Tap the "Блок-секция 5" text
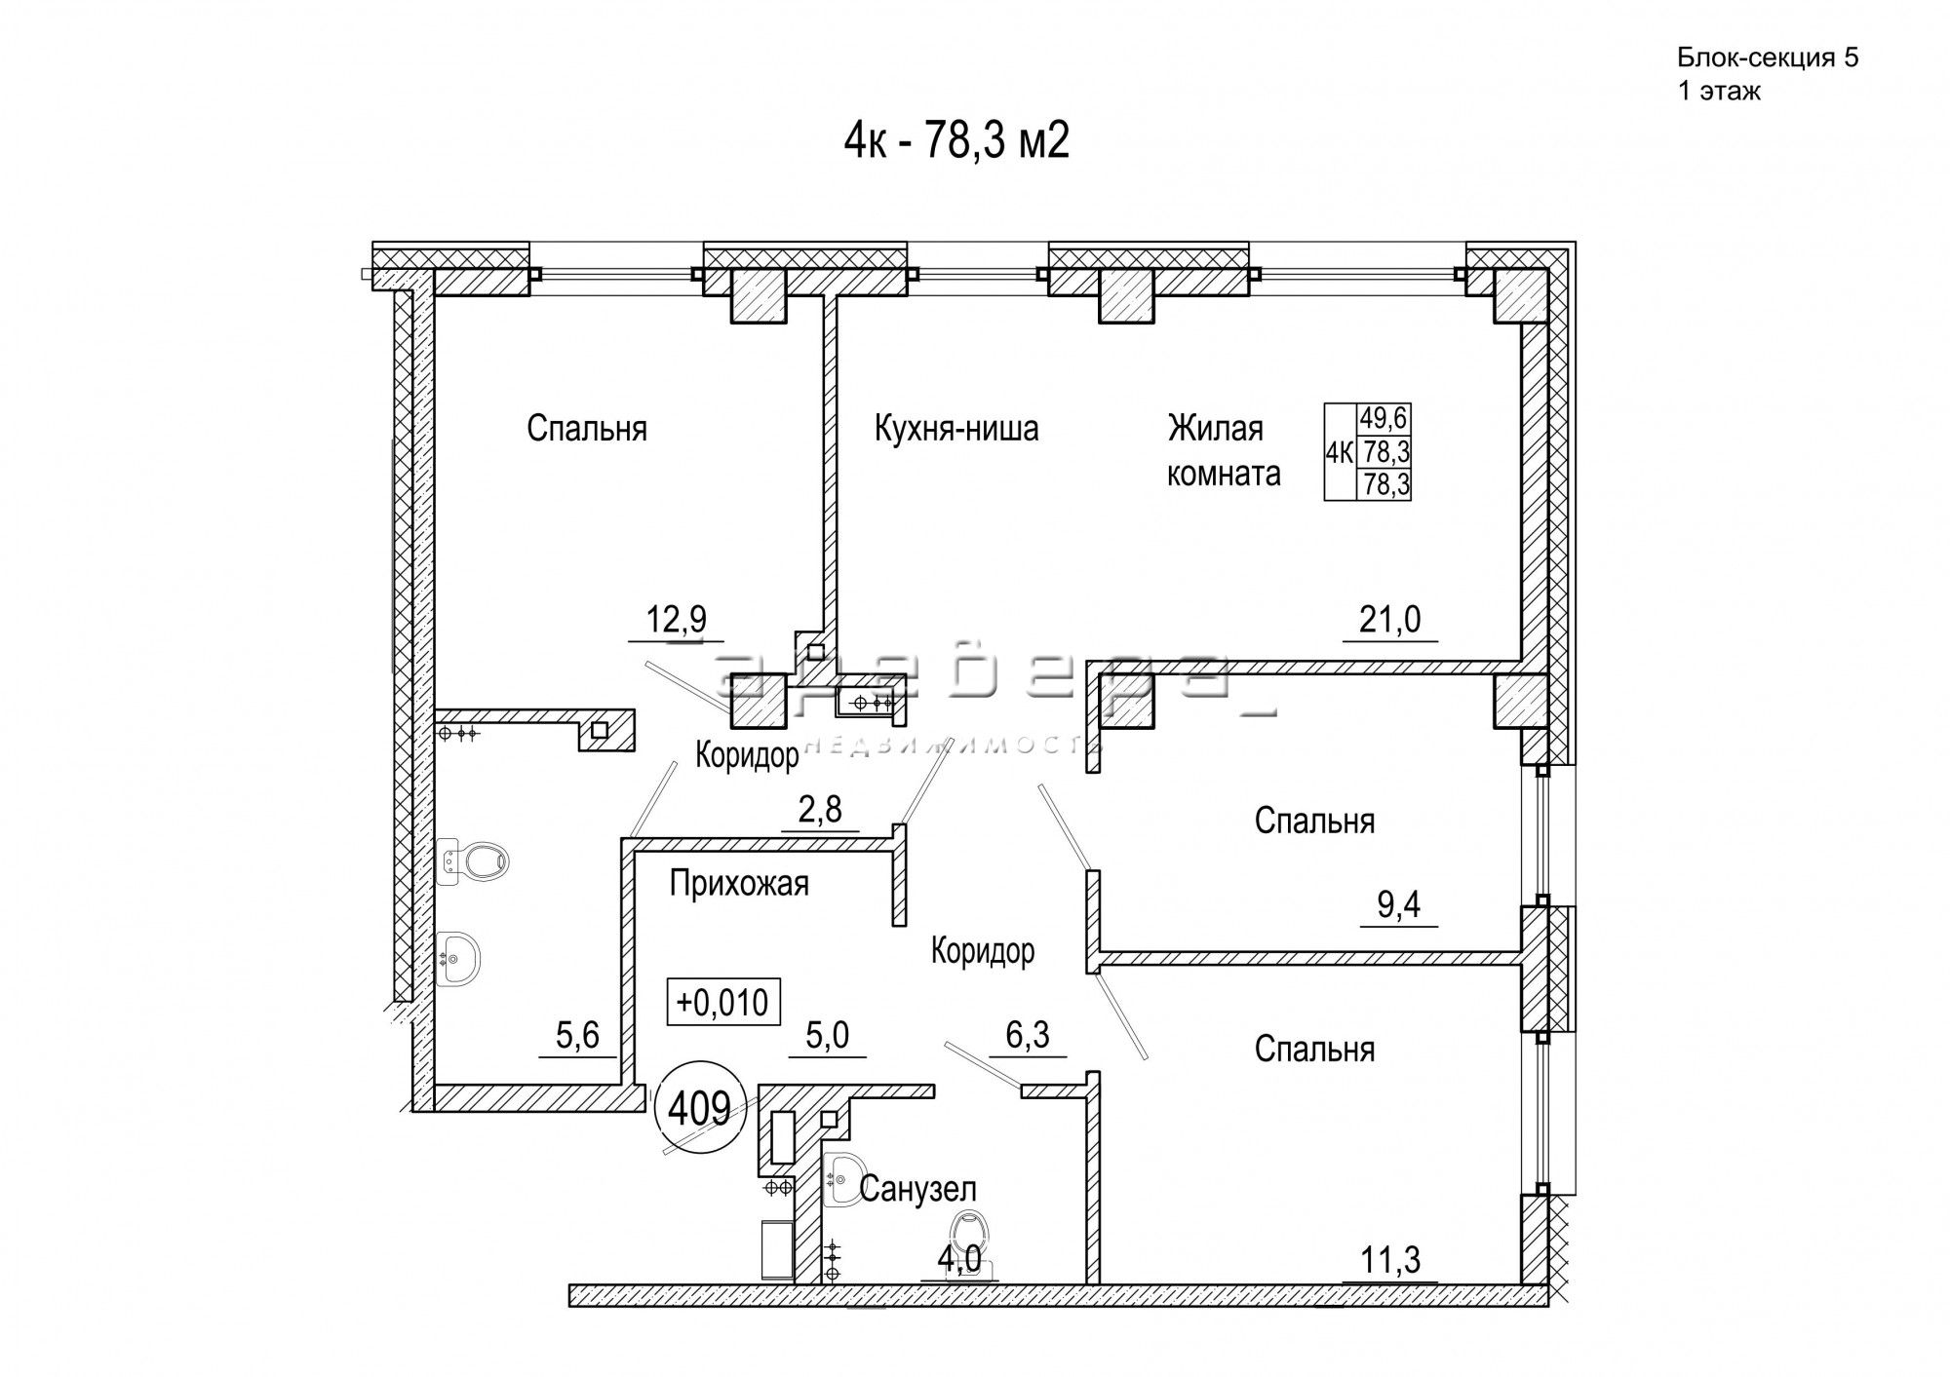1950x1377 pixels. pyautogui.click(x=1767, y=58)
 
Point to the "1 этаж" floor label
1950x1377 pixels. pyautogui.click(x=1718, y=93)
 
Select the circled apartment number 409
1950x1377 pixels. pyautogui.click(x=701, y=1108)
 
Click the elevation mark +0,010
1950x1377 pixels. pyautogui.click(x=722, y=1002)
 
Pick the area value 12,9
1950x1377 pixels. pyautogui.click(x=676, y=619)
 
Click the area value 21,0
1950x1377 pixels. pyautogui.click(x=1389, y=619)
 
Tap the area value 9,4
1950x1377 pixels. pyautogui.click(x=1398, y=905)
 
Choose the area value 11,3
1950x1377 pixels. pyautogui.click(x=1389, y=1260)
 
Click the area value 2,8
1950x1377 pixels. pyautogui.click(x=819, y=810)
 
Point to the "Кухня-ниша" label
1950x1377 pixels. pyautogui.click(x=955, y=429)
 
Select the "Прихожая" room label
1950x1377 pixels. pyautogui.click(x=739, y=884)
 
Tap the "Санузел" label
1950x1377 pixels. pyautogui.click(x=917, y=1189)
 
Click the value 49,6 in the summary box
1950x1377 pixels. pyautogui.click(x=1384, y=420)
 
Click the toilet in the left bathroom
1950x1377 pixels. pyautogui.click(x=480, y=861)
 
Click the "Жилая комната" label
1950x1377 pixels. pyautogui.click(x=1223, y=451)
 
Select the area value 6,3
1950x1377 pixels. pyautogui.click(x=1027, y=1034)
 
